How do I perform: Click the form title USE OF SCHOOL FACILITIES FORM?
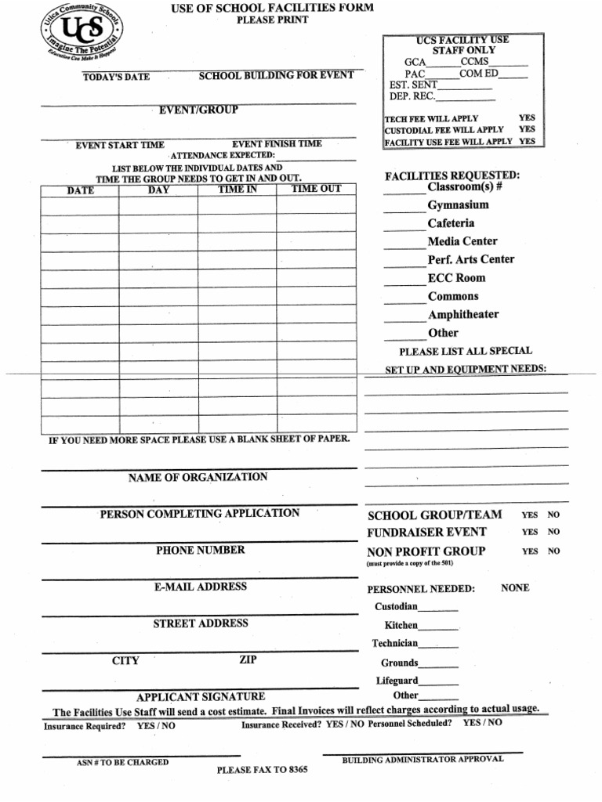(x=272, y=8)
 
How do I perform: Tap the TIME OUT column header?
(x=316, y=189)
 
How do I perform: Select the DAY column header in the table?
(x=158, y=190)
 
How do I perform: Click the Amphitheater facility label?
(x=462, y=315)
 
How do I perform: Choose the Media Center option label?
(x=462, y=241)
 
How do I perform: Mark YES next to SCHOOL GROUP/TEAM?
(x=530, y=515)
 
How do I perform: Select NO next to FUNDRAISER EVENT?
(x=553, y=533)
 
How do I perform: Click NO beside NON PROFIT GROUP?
(x=553, y=551)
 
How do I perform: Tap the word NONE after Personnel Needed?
(x=515, y=587)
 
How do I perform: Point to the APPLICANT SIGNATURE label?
(x=201, y=696)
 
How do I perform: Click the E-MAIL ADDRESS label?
(x=201, y=587)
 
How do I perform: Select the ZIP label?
(x=248, y=660)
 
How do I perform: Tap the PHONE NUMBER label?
(x=201, y=550)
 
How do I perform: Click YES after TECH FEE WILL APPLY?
(x=527, y=118)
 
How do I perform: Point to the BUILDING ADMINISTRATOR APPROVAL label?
(x=422, y=760)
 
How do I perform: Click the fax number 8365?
(x=298, y=770)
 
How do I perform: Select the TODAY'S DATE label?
(x=116, y=78)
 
